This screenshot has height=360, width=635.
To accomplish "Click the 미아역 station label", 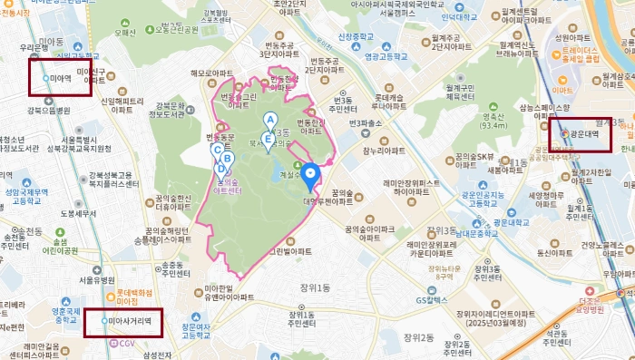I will pos(61,79).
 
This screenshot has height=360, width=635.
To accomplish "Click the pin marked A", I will pos(269,120).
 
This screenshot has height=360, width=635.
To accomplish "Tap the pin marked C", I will pos(218,150).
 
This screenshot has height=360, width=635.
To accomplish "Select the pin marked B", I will pos(228,159).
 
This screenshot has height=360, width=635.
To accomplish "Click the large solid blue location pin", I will pos(311,174).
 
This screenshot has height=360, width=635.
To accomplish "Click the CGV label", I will pos(126,342).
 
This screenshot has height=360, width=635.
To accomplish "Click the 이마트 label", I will pos(563,91).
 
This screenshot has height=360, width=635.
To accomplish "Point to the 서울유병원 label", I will pos(94,279).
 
